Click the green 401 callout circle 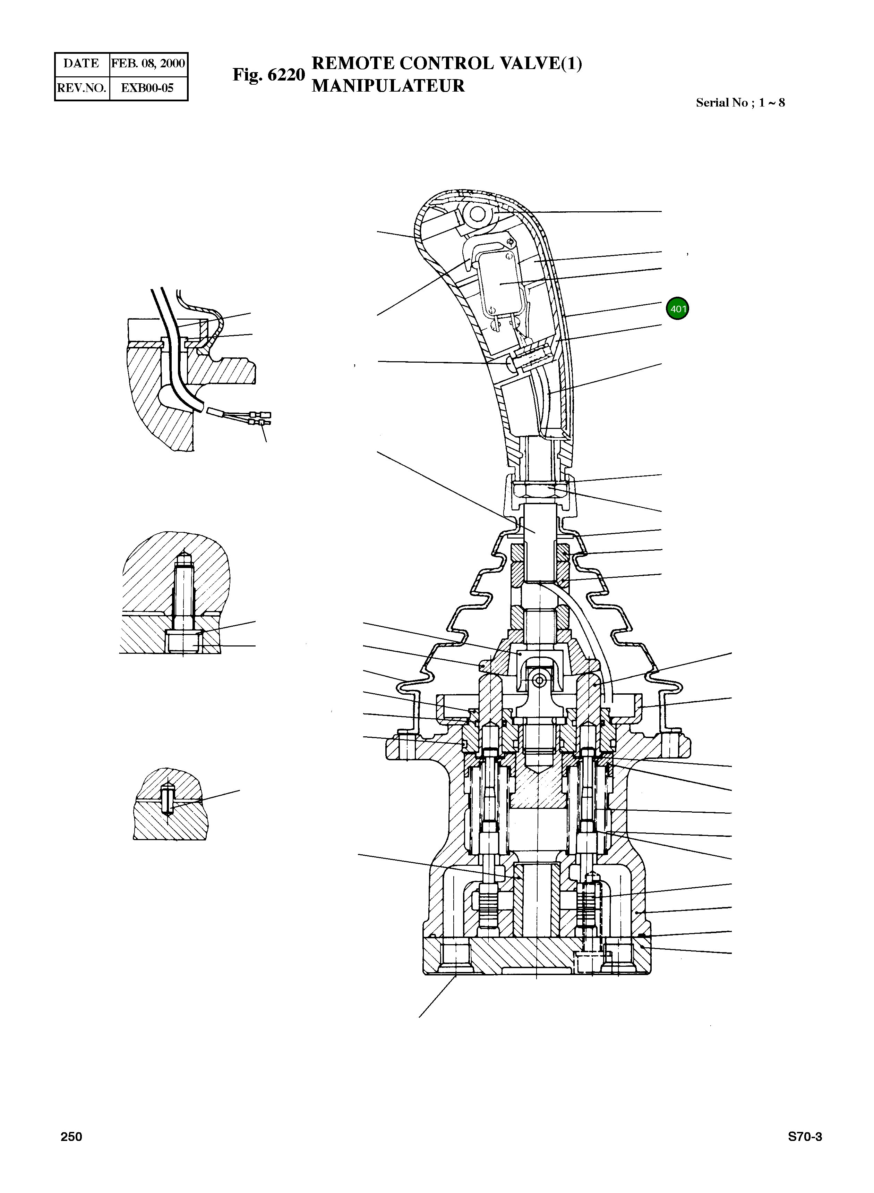[678, 308]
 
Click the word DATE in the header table [81, 64]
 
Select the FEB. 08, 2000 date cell [148, 64]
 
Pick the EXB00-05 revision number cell [148, 88]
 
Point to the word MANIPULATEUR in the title [388, 86]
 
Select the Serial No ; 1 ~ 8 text [740, 103]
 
